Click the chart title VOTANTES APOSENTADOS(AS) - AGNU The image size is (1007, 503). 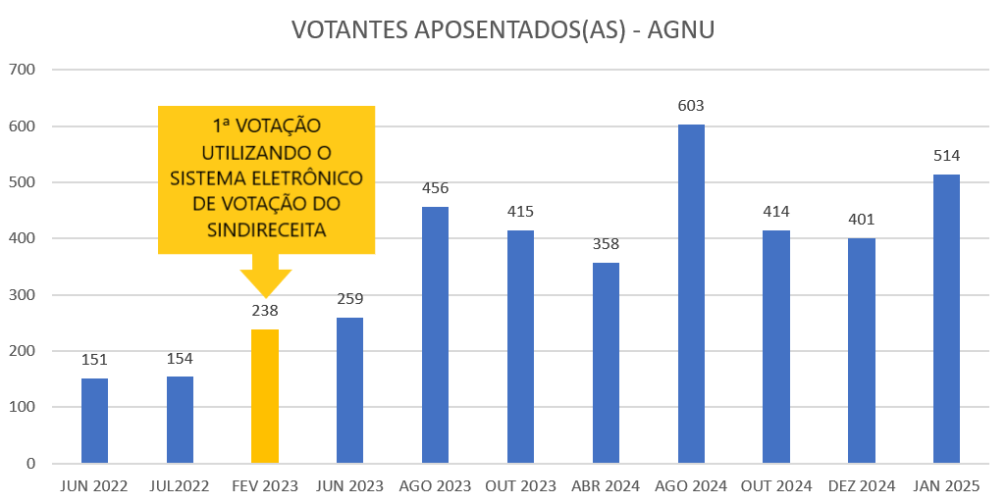[503, 30]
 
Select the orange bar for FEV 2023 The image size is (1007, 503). [265, 396]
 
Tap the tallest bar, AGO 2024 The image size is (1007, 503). [691, 294]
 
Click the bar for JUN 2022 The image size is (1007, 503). [94, 421]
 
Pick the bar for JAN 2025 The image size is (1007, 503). [946, 319]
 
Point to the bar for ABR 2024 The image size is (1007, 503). [606, 363]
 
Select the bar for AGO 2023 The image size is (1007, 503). [435, 335]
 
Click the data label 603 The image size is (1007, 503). [691, 106]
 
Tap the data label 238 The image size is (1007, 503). [265, 311]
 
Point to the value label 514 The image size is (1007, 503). [946, 156]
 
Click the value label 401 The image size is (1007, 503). [861, 220]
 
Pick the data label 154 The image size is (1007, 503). [180, 359]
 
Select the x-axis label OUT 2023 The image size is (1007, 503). [520, 486]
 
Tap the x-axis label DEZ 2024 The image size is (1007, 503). [861, 486]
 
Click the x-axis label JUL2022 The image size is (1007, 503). [180, 486]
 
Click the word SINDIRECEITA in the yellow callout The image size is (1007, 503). [266, 228]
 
